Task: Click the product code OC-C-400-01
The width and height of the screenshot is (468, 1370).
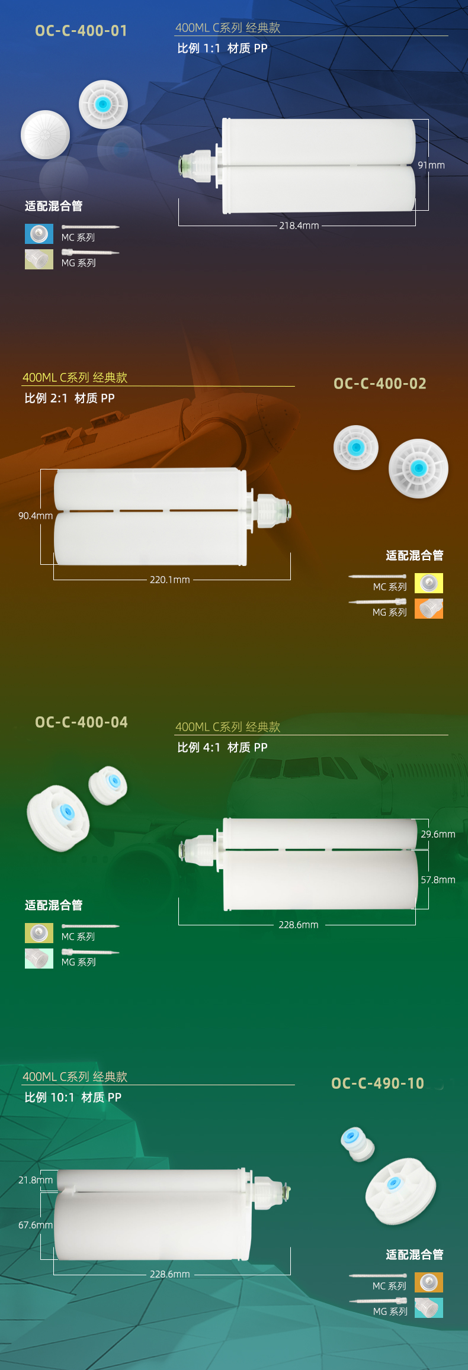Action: pos(81,31)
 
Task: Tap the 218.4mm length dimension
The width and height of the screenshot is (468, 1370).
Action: pos(299,226)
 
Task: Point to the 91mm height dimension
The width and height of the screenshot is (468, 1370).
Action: pos(431,165)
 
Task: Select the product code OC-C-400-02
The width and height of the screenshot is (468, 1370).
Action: pos(380,384)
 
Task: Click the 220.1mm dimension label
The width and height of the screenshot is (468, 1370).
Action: pos(170,580)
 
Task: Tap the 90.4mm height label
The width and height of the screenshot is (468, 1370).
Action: pos(36,516)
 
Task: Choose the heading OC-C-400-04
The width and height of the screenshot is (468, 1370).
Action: pos(81,722)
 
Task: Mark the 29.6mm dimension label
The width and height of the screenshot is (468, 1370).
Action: pos(438,834)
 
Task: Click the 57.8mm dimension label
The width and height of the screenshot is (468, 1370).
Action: pos(438,880)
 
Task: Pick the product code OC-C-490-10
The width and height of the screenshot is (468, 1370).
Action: pos(377,1083)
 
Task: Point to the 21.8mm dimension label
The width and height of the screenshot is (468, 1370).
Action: pos(36,1180)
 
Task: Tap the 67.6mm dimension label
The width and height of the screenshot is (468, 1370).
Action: pos(36,1225)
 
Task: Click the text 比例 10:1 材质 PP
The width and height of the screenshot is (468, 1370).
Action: pos(73,1097)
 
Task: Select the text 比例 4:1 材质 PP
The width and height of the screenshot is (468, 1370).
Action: pos(222,747)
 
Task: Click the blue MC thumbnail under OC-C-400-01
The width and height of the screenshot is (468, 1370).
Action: pos(39,234)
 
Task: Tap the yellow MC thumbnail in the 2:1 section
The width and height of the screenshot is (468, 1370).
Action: pos(429,583)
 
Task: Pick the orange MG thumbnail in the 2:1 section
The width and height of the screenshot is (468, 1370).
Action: pos(429,609)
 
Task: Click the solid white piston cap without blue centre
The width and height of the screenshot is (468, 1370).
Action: pos(46,134)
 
